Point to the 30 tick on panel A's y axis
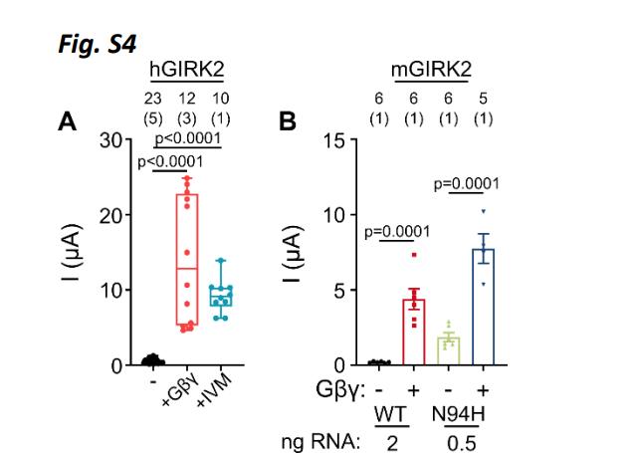click(x=107, y=139)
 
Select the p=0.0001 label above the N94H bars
click(x=466, y=184)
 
